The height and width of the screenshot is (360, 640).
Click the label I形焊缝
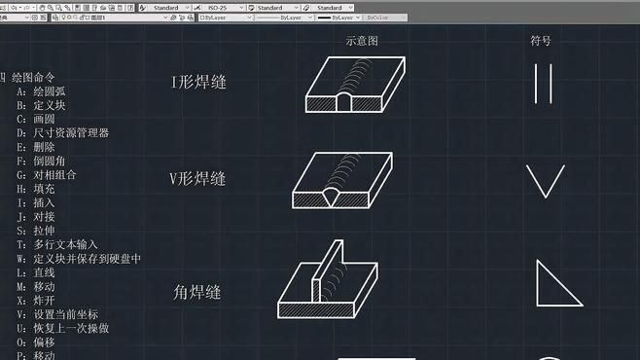tap(198, 83)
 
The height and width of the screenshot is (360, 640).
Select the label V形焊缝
tap(198, 179)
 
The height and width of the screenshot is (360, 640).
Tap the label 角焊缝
tap(197, 292)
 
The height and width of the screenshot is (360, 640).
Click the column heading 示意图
tap(361, 41)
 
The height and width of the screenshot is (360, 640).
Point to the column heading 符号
tap(541, 41)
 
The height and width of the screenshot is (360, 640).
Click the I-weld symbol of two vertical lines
tap(544, 84)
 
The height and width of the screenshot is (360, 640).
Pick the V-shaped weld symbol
tap(545, 181)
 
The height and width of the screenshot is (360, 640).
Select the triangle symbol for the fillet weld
tap(555, 283)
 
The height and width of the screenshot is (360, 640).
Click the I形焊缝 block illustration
tap(354, 87)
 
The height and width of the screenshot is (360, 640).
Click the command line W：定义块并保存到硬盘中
tap(79, 259)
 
